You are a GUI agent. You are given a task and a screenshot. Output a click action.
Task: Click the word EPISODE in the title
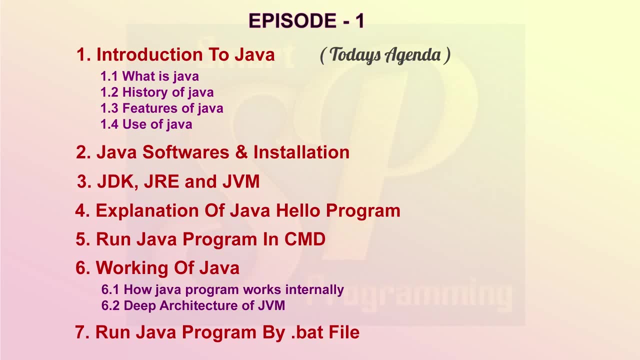292,20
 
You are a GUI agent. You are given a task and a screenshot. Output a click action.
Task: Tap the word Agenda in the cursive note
412,55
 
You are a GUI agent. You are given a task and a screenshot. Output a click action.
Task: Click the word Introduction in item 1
149,54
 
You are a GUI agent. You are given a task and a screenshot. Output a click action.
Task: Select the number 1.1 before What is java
109,76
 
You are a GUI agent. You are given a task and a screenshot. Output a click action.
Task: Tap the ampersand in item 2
241,152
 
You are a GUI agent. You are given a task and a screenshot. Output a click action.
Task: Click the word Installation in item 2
301,152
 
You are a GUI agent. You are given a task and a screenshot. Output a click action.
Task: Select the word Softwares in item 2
185,152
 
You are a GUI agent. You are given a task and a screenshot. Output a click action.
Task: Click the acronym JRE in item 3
161,181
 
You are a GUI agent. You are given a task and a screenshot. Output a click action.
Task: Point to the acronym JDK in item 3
117,182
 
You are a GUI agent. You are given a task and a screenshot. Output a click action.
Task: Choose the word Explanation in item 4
147,211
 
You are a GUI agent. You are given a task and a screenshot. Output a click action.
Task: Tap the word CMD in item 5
305,239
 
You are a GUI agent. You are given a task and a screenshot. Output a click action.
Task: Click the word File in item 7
344,332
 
